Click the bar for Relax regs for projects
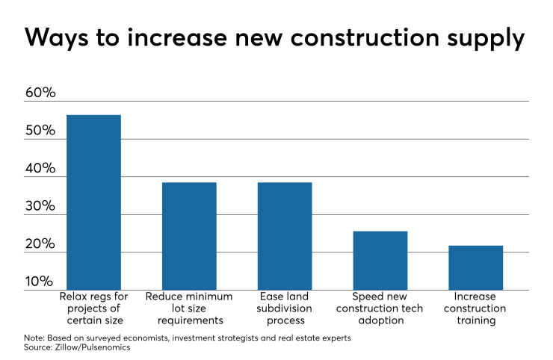tap(93, 202)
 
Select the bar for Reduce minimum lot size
tap(189, 236)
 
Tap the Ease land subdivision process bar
tap(285, 236)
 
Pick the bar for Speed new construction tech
tap(380, 260)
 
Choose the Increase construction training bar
tap(476, 267)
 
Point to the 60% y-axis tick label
tap(40, 93)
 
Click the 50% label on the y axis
tap(40, 131)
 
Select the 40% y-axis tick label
tap(40, 169)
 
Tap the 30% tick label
tap(40, 207)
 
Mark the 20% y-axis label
tap(40, 244)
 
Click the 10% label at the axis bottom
tap(40, 282)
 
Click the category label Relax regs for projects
tap(93, 308)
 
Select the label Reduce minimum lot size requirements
tap(189, 308)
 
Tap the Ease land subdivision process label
tap(285, 308)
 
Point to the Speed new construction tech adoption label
tap(380, 308)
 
